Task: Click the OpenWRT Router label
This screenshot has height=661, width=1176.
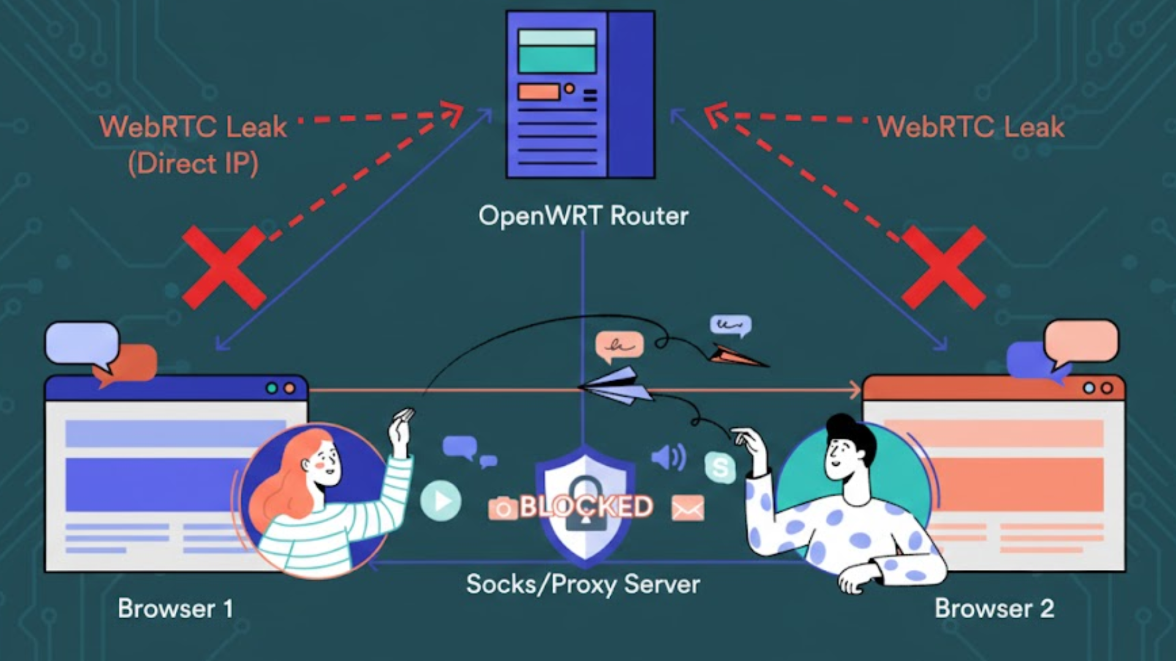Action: click(x=583, y=216)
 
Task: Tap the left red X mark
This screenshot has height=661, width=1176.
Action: click(x=224, y=267)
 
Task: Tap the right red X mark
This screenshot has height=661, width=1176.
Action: click(x=943, y=267)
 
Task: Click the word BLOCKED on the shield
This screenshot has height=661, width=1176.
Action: click(x=586, y=507)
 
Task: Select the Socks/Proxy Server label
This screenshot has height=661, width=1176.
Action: click(x=582, y=584)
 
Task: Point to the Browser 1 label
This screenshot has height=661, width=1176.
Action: click(x=175, y=608)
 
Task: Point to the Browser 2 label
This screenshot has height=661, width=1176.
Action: click(x=993, y=608)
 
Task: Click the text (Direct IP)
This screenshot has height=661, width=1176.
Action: click(x=193, y=164)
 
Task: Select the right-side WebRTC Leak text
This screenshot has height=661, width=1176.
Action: click(x=970, y=127)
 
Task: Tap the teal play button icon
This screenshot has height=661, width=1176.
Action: click(x=440, y=501)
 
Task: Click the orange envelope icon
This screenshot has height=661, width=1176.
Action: click(x=687, y=508)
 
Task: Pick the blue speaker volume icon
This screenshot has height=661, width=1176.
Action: click(x=668, y=457)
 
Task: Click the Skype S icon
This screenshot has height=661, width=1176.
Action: click(x=720, y=468)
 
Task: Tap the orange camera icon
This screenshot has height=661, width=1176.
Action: click(x=502, y=509)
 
